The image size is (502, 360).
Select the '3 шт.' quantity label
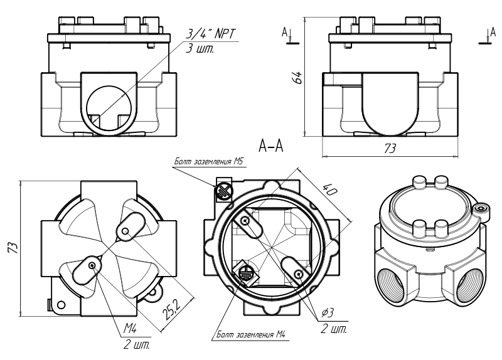pos(200,49)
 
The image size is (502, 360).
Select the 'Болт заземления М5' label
pos(210,162)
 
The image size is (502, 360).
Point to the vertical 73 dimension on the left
pos(13,248)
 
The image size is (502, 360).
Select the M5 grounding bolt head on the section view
pos(223,190)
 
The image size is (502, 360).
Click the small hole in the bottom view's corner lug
pos(61,305)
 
